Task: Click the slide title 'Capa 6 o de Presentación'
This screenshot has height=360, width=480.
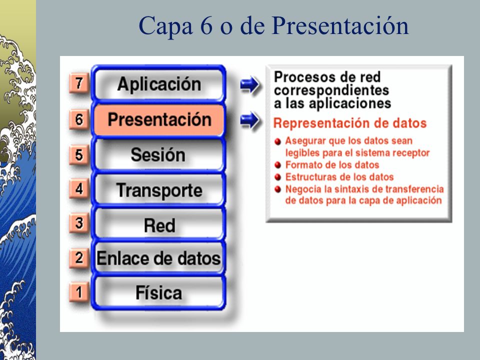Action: tap(273, 26)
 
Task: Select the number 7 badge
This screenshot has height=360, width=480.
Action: tap(78, 83)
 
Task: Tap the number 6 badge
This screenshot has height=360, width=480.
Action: tap(78, 119)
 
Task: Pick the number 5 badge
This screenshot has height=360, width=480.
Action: tap(78, 155)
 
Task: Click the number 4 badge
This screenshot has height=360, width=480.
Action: tap(78, 189)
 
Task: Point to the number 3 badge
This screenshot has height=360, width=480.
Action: tap(78, 223)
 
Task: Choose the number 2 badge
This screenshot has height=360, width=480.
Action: tap(78, 257)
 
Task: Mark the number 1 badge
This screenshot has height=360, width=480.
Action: tap(78, 291)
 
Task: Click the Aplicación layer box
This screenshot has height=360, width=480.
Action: tap(158, 84)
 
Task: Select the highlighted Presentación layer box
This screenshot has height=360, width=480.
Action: tap(159, 120)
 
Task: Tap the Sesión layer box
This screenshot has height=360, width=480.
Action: tap(158, 155)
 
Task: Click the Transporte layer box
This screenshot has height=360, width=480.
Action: tap(158, 190)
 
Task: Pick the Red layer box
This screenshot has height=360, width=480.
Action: tap(158, 225)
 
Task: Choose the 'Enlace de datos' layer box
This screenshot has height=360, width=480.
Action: tap(158, 258)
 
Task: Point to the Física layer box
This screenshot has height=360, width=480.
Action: tap(158, 292)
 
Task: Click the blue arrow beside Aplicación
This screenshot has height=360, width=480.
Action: tap(250, 85)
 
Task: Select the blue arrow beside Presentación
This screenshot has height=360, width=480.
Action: tap(250, 120)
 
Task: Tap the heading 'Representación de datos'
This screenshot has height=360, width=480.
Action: tap(350, 123)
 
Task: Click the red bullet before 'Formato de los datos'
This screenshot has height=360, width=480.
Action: tap(278, 164)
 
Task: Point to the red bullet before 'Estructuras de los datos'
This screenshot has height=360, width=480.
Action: tap(278, 176)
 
